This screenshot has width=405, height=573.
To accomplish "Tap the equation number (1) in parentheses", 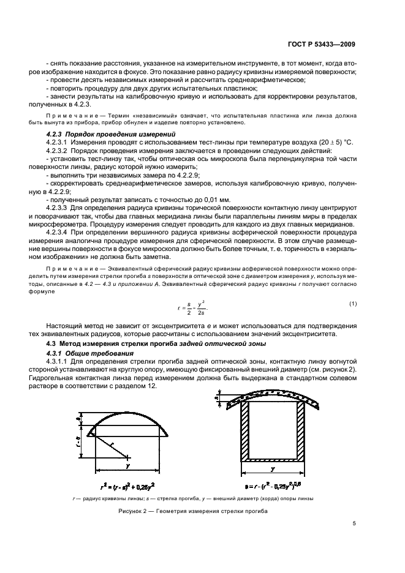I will point(352,304).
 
